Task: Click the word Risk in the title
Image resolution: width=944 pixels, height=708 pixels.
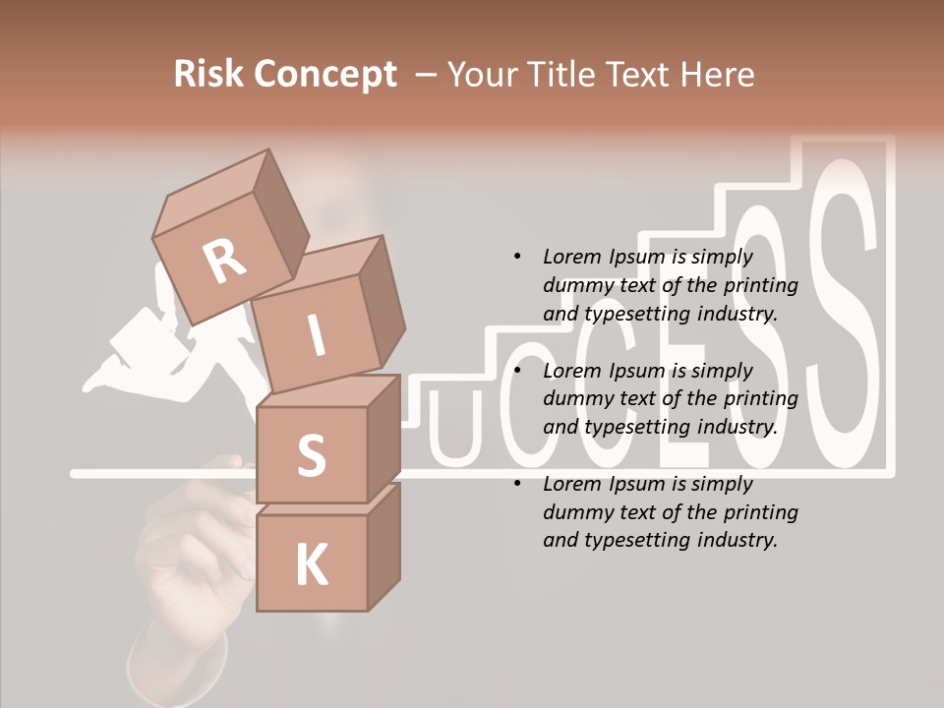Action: tap(209, 75)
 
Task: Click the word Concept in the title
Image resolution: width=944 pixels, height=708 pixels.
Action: tap(325, 76)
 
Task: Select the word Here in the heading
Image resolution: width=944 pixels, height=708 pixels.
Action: tap(716, 75)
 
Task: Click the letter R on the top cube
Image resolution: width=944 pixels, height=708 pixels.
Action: tap(225, 261)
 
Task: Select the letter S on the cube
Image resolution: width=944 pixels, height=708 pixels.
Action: tap(311, 455)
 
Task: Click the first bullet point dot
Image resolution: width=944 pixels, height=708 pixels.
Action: tap(518, 257)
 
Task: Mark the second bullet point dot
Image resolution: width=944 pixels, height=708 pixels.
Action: tap(518, 371)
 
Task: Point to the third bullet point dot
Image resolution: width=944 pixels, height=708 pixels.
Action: tap(518, 484)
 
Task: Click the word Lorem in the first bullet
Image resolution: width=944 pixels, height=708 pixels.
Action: tap(572, 257)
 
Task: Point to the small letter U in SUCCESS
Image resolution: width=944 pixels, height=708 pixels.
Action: tap(455, 430)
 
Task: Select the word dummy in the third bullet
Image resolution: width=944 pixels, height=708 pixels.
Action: tap(577, 512)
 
